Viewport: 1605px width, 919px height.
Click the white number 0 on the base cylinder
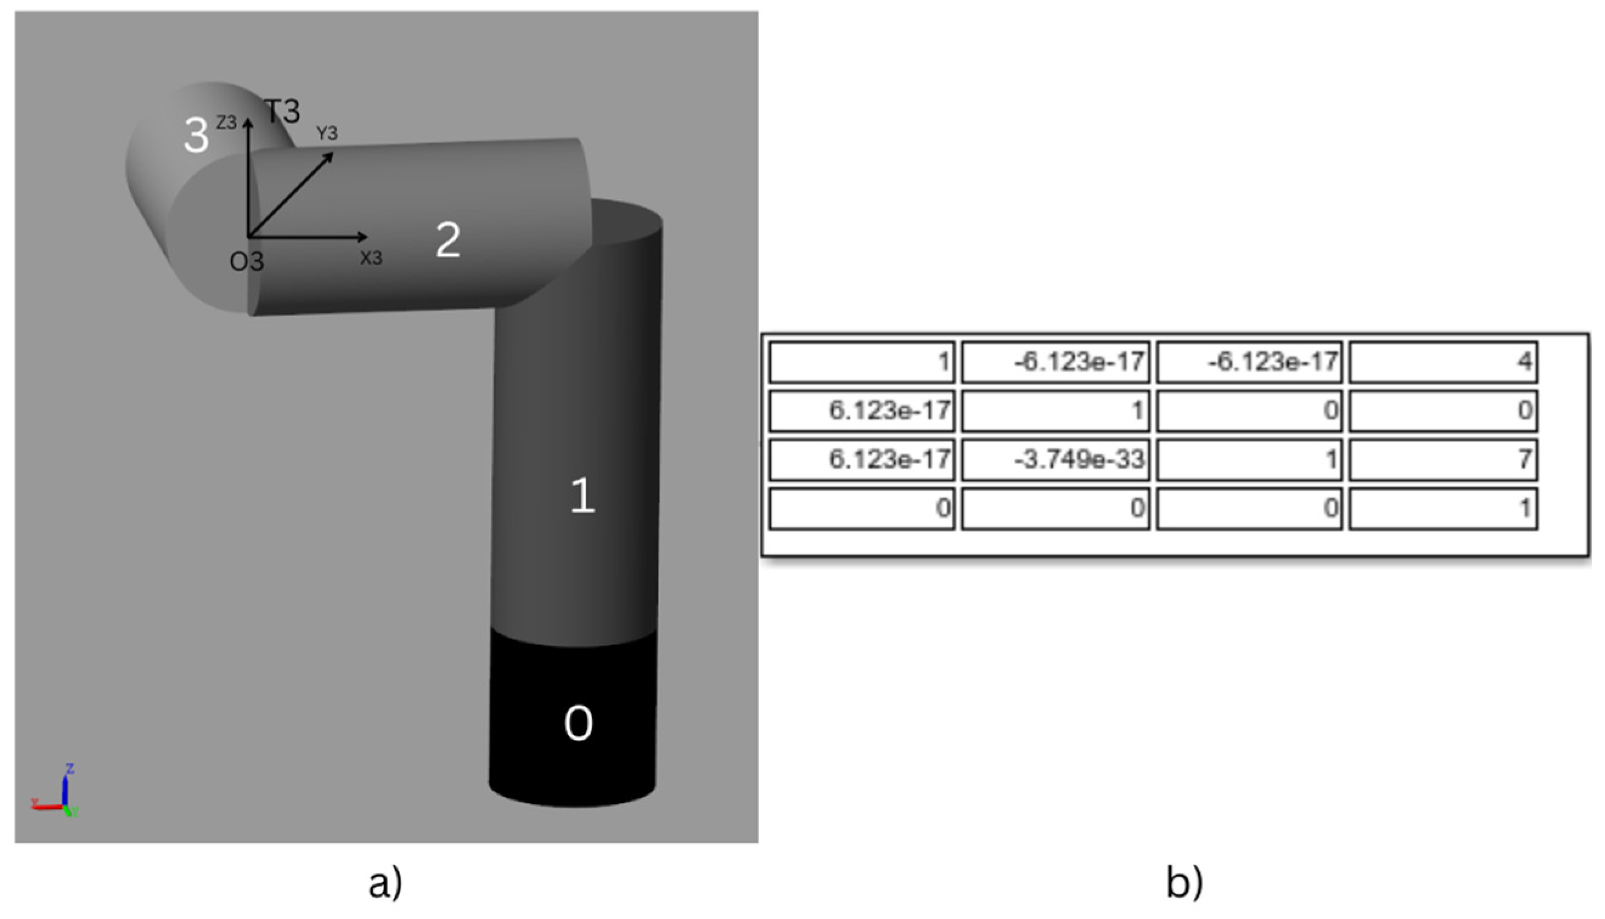[578, 723]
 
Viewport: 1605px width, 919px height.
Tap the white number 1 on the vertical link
[582, 495]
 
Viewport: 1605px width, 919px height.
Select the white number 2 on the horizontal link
[448, 240]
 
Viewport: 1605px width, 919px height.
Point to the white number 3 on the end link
[196, 135]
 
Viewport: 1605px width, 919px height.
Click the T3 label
[281, 112]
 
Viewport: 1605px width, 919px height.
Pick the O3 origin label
[246, 261]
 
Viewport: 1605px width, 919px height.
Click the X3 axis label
[371, 258]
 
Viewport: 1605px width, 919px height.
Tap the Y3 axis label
[326, 133]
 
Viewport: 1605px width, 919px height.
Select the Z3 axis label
[226, 123]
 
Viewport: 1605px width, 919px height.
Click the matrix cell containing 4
[1443, 361]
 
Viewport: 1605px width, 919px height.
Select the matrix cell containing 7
[1443, 459]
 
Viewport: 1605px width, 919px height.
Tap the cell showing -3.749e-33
[1055, 459]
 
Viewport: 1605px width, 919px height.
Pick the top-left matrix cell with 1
[861, 361]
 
